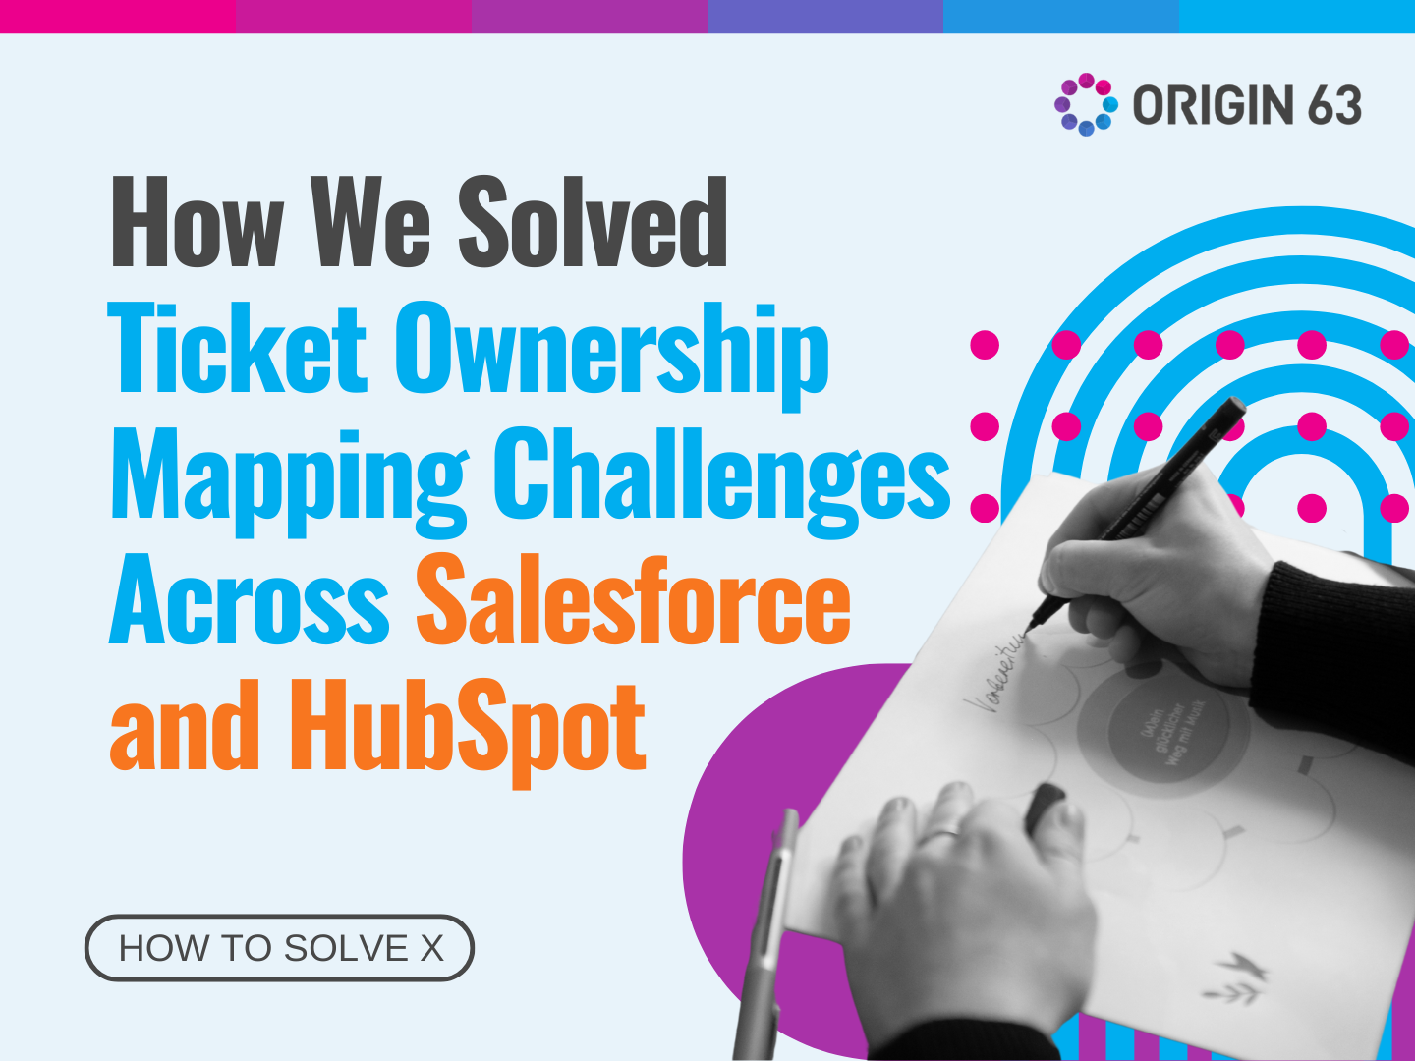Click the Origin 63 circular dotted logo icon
1086,104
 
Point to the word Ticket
237,349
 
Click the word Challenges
721,476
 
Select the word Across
250,601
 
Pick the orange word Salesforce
633,601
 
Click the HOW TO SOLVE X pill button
280,948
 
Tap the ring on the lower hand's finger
944,835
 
